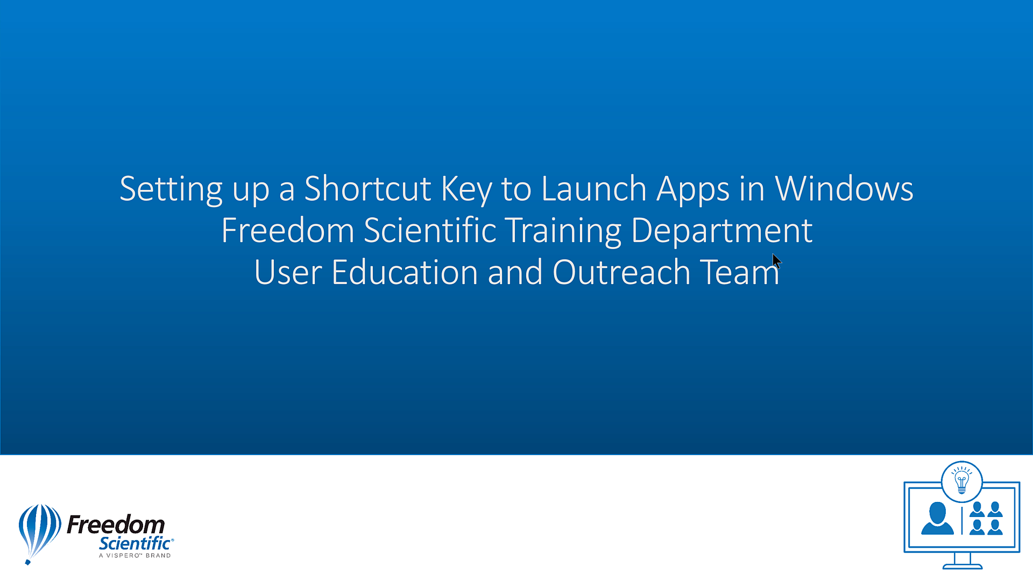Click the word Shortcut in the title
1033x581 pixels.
pos(367,189)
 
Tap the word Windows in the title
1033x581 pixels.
pos(844,189)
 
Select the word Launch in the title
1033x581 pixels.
pos(593,189)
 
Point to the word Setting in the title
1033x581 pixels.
pos(171,190)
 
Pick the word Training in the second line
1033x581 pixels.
pos(563,231)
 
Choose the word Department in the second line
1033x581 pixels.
pos(721,231)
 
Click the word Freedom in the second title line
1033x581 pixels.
pos(287,230)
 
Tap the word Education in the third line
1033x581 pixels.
pos(405,272)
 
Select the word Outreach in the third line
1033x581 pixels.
pos(621,272)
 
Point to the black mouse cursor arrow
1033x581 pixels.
pos(776,260)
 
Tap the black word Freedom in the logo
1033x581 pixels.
pos(116,524)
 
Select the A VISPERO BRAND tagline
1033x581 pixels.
pos(135,556)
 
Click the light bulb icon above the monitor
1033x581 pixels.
pos(961,481)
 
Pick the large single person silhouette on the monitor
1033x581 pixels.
pos(937,519)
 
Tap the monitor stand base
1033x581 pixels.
pos(963,566)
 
